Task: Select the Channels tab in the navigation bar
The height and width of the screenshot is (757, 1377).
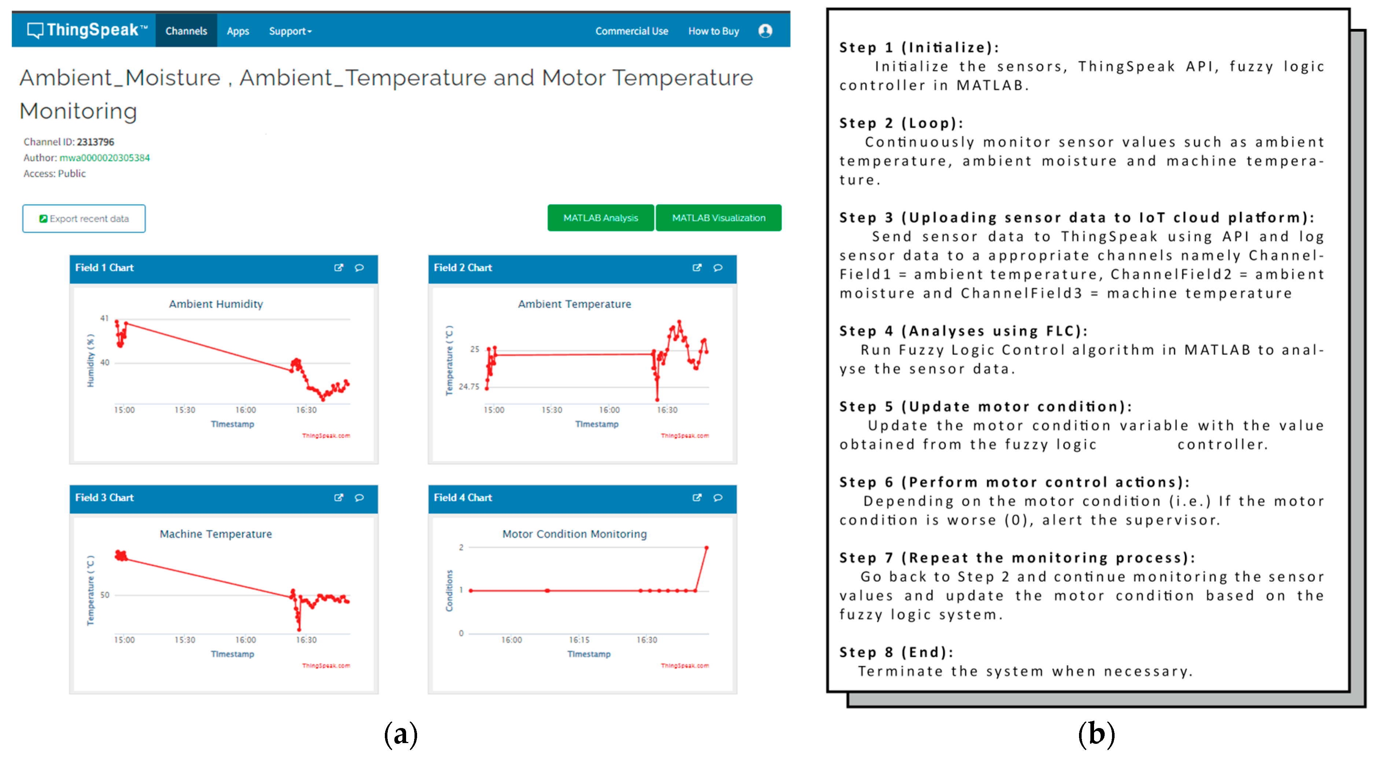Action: (186, 31)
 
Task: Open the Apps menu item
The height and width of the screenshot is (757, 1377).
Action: (238, 31)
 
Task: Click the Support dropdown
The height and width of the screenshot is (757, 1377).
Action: (290, 31)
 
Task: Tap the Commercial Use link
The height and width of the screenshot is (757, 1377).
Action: (631, 31)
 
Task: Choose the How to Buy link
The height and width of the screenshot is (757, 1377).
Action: (713, 31)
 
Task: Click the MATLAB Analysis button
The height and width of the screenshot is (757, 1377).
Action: (600, 218)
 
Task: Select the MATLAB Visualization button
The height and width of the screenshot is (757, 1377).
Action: (718, 218)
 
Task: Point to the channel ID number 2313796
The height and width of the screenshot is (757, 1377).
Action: (95, 142)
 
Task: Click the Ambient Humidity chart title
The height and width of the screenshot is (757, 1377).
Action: (216, 304)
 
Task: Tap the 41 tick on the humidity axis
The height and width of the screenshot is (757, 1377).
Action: (104, 318)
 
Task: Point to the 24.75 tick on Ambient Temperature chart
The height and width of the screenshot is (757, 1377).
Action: (469, 386)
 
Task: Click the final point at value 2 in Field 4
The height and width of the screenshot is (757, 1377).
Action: (706, 548)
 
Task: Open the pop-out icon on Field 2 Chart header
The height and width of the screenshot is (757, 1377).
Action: (696, 267)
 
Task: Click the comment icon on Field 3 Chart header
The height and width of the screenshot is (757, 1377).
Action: (359, 498)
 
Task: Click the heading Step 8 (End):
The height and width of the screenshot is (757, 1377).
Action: (896, 652)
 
